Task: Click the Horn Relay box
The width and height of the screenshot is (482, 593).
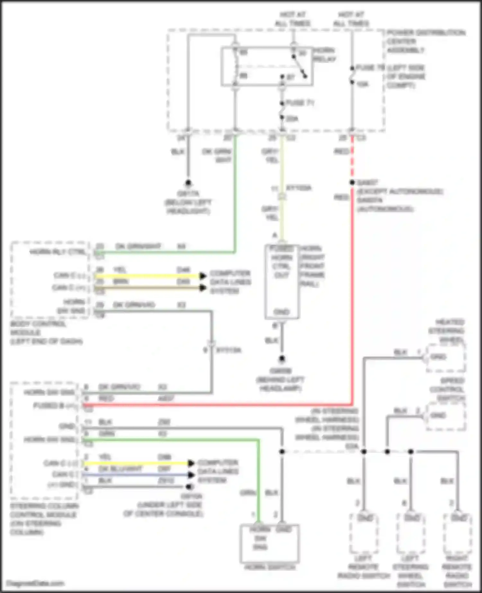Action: (x=267, y=66)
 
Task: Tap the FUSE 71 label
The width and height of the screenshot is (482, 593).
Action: (x=299, y=103)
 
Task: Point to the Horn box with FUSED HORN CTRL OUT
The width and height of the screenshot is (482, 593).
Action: (x=282, y=282)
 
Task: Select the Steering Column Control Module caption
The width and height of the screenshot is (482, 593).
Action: (x=43, y=519)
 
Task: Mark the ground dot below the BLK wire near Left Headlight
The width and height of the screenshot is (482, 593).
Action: (x=188, y=183)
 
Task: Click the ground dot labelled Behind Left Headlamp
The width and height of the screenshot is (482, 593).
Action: (x=282, y=358)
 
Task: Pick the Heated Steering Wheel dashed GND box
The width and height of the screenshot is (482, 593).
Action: (x=446, y=358)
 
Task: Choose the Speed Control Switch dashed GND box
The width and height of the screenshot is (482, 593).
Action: (x=446, y=416)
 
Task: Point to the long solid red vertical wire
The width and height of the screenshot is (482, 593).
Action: (x=352, y=289)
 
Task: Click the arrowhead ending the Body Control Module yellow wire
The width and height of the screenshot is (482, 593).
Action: (x=202, y=276)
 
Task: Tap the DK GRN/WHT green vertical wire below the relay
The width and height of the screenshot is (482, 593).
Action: (x=235, y=193)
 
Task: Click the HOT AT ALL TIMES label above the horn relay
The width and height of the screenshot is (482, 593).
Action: (x=292, y=19)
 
